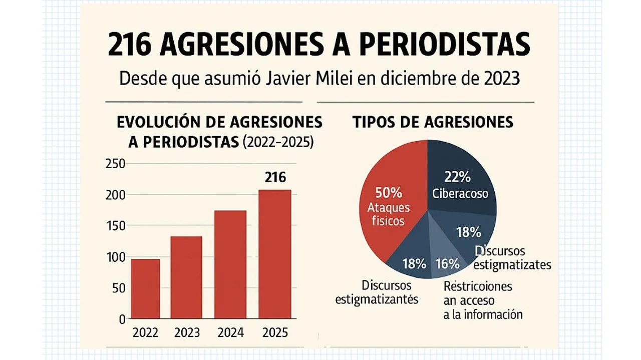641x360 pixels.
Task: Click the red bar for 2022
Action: pyautogui.click(x=145, y=288)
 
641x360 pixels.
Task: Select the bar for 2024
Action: pyautogui.click(x=230, y=264)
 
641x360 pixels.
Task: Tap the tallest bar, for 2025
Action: pyautogui.click(x=275, y=254)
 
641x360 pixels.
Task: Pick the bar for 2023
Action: pyautogui.click(x=186, y=277)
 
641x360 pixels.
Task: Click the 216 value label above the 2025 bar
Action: pyautogui.click(x=275, y=178)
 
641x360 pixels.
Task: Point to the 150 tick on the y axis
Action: pyautogui.click(x=115, y=226)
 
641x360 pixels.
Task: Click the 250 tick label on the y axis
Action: pyautogui.click(x=115, y=164)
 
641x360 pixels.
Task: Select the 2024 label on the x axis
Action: pyautogui.click(x=231, y=332)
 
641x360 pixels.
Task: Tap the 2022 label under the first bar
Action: pyautogui.click(x=145, y=332)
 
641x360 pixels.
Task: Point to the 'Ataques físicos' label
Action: pyautogui.click(x=388, y=214)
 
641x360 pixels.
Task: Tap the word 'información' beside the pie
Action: pyautogui.click(x=493, y=314)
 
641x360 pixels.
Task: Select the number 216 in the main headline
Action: pyautogui.click(x=130, y=45)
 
